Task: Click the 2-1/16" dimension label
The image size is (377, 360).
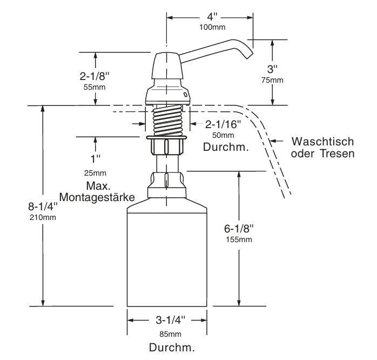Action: tap(223, 124)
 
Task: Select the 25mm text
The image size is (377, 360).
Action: tap(96, 174)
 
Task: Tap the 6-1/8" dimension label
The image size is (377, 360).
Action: tap(239, 229)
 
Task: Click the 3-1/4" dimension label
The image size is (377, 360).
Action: tap(167, 320)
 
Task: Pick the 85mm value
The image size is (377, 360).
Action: tap(167, 334)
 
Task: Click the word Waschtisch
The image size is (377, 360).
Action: tap(322, 142)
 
